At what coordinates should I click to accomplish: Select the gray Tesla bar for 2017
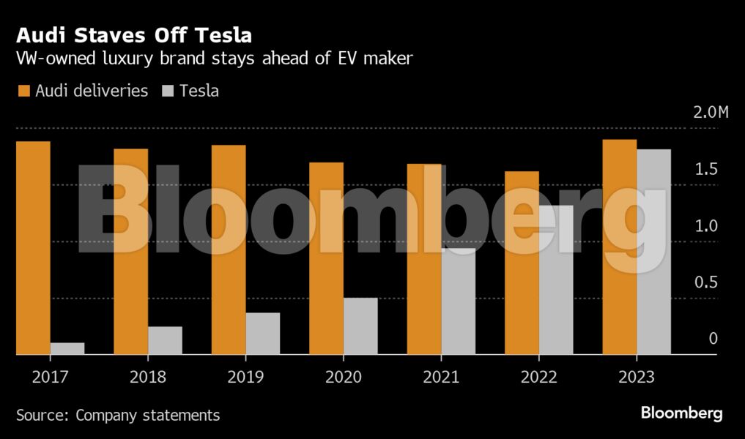point(67,348)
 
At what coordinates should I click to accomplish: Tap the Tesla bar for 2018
point(165,340)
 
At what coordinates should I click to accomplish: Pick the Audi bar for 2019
point(229,249)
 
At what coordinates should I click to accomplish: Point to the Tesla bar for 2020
point(360,326)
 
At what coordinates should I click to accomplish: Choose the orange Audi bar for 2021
point(424,259)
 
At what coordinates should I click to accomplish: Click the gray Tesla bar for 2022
point(556,279)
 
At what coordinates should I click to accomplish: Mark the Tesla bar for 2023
point(653,252)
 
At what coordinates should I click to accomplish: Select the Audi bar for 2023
point(620,247)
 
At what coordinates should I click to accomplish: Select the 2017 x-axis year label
point(50,377)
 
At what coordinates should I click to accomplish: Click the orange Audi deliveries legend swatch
point(23,91)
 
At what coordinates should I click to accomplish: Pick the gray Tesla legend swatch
point(166,91)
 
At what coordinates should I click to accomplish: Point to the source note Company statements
point(147,415)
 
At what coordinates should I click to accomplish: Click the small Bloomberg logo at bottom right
point(681,413)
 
